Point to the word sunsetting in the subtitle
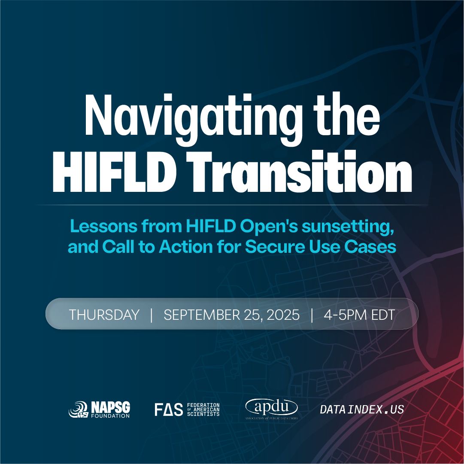tap(348, 227)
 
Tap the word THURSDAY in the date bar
tap(104, 315)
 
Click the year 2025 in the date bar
tap(283, 315)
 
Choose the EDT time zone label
tap(383, 315)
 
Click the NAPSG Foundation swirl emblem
tap(79, 409)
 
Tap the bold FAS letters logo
tap(169, 410)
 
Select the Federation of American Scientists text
tap(203, 409)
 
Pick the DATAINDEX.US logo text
tap(362, 409)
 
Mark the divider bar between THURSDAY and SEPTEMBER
tap(152, 315)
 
